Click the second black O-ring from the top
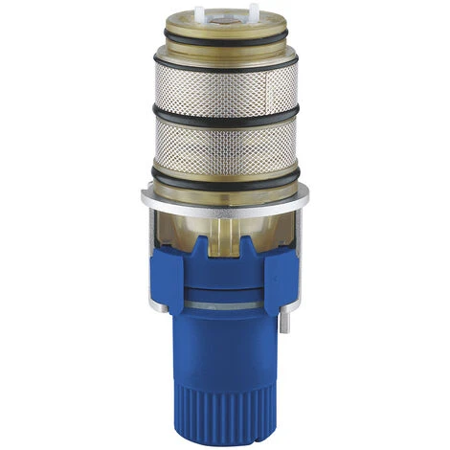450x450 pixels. click(224, 58)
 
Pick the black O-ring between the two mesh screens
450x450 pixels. click(224, 119)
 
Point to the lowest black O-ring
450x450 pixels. click(224, 175)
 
